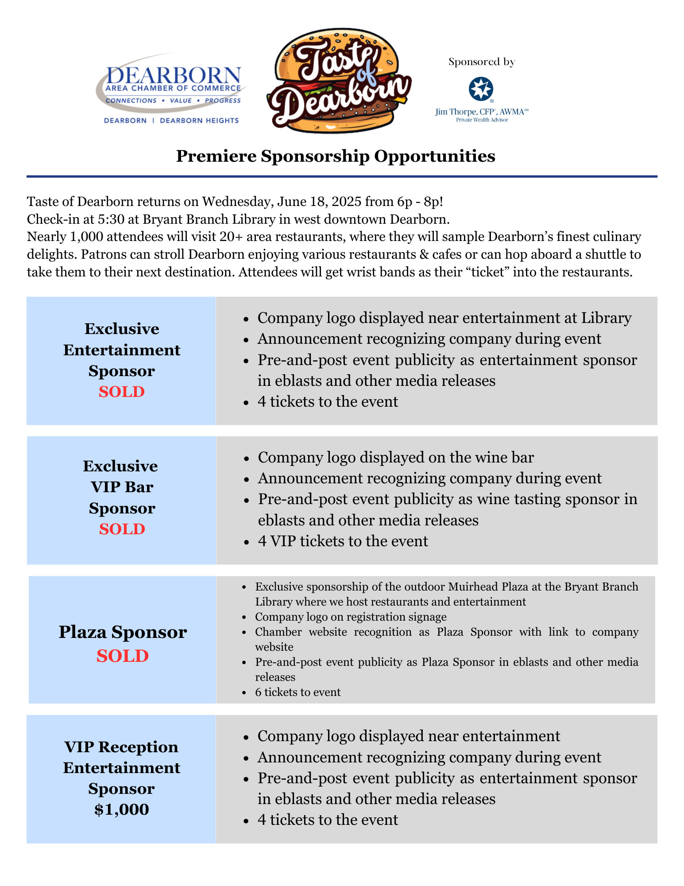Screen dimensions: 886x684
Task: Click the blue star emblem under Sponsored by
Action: coord(481,89)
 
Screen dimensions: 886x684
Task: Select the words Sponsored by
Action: coord(482,62)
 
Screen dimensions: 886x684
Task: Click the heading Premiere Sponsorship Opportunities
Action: coord(335,156)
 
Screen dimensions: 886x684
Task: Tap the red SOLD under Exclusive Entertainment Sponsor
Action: coord(122,392)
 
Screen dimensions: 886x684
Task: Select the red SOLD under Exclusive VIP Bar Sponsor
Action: coord(122,529)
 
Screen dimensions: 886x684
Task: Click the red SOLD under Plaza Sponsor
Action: coord(123,656)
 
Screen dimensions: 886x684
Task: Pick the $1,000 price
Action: coord(122,810)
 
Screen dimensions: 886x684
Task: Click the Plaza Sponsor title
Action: coord(123,632)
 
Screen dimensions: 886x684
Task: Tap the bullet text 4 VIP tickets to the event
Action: coord(343,541)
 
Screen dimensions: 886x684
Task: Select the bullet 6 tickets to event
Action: coord(298,692)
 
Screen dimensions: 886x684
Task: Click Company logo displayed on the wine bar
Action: coord(396,458)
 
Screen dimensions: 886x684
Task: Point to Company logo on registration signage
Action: coord(351,617)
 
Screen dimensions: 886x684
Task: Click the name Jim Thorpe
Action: coord(456,112)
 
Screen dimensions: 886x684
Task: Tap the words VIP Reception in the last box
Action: coord(121,747)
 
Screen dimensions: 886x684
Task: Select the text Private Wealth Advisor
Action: coord(482,120)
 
